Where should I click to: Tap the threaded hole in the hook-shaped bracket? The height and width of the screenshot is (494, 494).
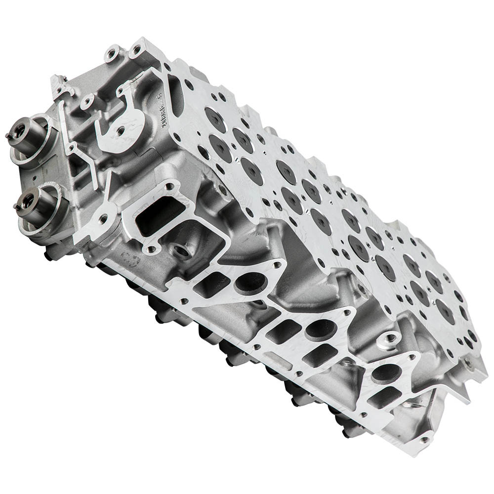coord(120,131)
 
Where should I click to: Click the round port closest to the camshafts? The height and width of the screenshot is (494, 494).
coord(250,282)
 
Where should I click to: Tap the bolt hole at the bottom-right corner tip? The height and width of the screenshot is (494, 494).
coord(424,439)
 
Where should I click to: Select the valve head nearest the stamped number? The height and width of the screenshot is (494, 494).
coord(215,119)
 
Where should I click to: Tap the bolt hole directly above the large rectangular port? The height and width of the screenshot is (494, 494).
coord(169,187)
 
